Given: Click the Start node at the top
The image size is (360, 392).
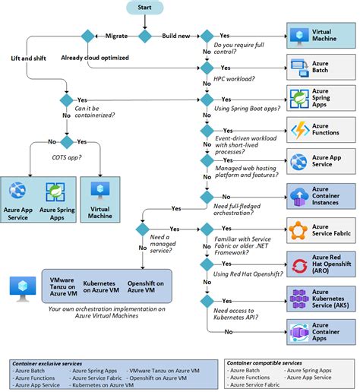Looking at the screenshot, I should [144, 8].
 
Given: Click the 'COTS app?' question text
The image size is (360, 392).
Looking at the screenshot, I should [67, 157].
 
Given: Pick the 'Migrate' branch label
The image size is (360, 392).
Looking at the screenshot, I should [116, 35].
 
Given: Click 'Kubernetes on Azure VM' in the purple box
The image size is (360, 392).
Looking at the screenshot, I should [103, 286].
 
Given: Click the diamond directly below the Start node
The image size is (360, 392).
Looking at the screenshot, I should [144, 35].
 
